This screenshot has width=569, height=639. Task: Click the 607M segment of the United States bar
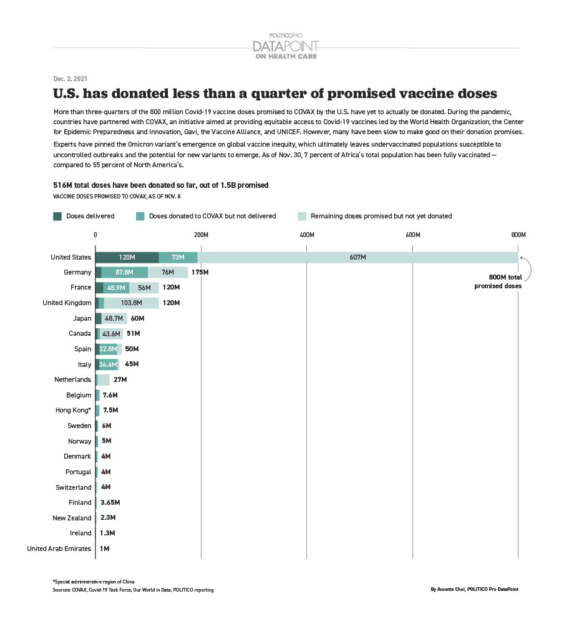coord(357,258)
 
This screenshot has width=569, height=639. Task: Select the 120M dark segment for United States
coord(127,258)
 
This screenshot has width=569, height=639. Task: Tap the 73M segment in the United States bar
coord(178,258)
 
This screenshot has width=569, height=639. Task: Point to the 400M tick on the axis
coord(306,235)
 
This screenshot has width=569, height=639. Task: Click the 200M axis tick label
coord(201,235)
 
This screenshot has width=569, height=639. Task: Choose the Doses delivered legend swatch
coord(57,216)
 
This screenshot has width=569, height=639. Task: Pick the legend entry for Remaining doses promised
coord(381,216)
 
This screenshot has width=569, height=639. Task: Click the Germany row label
coord(77,273)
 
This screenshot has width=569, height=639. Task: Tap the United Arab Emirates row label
coord(59,549)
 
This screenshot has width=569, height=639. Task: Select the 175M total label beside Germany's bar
coord(200,273)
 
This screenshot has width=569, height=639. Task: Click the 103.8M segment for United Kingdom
coord(131,303)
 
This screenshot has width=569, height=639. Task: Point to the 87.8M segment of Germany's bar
coord(125,273)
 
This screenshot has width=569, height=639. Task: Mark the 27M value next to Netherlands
coord(120,379)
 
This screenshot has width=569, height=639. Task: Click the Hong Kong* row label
coord(74,411)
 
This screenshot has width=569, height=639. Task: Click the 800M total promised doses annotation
coord(497,282)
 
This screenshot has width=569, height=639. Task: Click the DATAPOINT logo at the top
coord(285,46)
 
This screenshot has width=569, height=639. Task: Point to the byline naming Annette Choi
coord(474,589)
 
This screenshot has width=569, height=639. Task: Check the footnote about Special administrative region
coord(94,582)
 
